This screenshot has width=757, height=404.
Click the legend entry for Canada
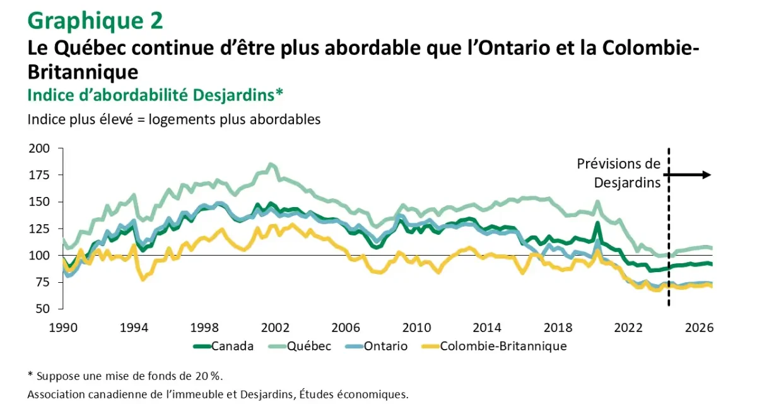(x=232, y=346)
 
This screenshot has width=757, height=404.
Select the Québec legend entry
(x=308, y=346)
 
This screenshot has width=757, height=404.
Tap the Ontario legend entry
(x=385, y=346)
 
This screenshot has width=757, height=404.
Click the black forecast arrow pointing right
(x=690, y=175)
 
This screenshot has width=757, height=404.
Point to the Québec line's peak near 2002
(x=271, y=164)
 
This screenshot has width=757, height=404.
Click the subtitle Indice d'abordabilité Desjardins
(x=155, y=94)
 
